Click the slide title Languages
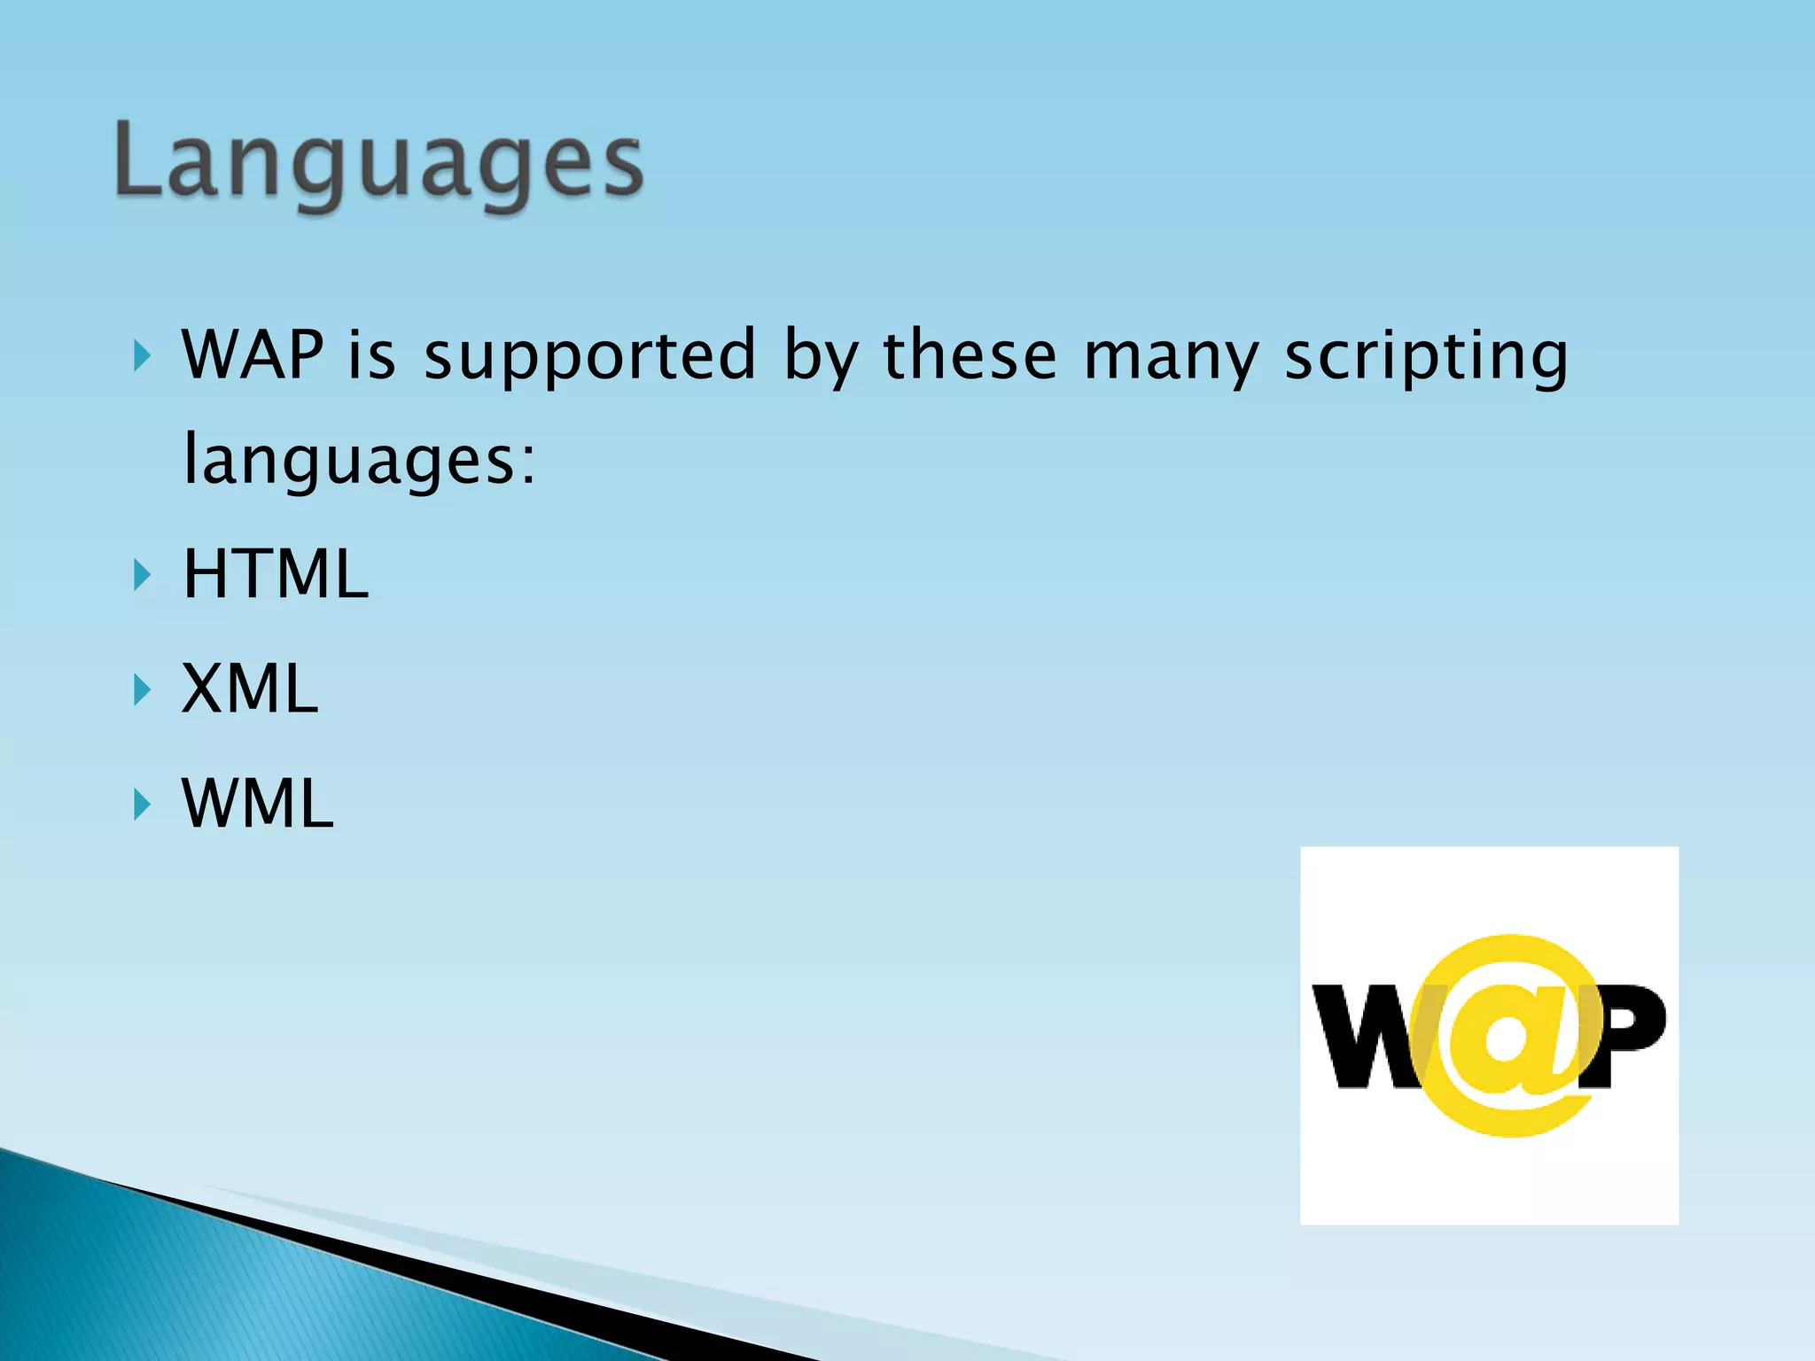pyautogui.click(x=379, y=162)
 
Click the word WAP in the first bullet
pyautogui.click(x=253, y=355)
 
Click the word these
pyautogui.click(x=970, y=355)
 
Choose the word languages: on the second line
pyautogui.click(x=359, y=461)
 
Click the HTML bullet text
pyautogui.click(x=275, y=574)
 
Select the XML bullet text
pyautogui.click(x=250, y=688)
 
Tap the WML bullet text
pyautogui.click(x=257, y=804)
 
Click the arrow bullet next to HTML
pyautogui.click(x=142, y=576)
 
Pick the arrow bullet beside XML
pyautogui.click(x=142, y=690)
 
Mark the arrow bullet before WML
pyautogui.click(x=142, y=805)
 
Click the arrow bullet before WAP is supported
pyautogui.click(x=142, y=357)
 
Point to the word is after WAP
pyautogui.click(x=371, y=355)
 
